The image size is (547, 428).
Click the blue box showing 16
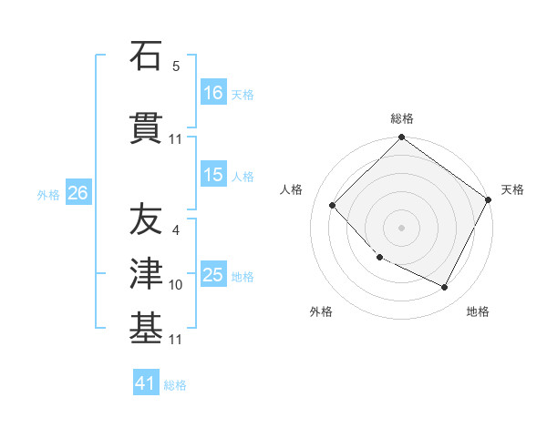click(x=213, y=93)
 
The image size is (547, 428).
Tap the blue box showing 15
click(x=213, y=176)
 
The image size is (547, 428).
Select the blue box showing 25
click(x=213, y=275)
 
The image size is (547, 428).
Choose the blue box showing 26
click(x=77, y=193)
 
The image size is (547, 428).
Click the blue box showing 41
click(x=146, y=383)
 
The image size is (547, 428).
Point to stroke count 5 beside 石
click(x=176, y=67)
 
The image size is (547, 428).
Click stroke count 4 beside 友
click(x=176, y=230)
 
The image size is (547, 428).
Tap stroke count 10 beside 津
click(x=176, y=285)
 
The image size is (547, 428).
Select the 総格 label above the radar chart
click(x=402, y=118)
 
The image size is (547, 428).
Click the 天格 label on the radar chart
click(x=512, y=189)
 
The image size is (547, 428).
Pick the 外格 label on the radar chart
click(x=321, y=311)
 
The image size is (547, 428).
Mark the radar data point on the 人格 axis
click(x=333, y=206)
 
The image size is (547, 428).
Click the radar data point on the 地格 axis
click(x=445, y=288)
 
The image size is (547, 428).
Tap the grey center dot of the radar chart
click(x=401, y=227)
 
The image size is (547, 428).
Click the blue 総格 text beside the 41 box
click(x=175, y=385)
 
